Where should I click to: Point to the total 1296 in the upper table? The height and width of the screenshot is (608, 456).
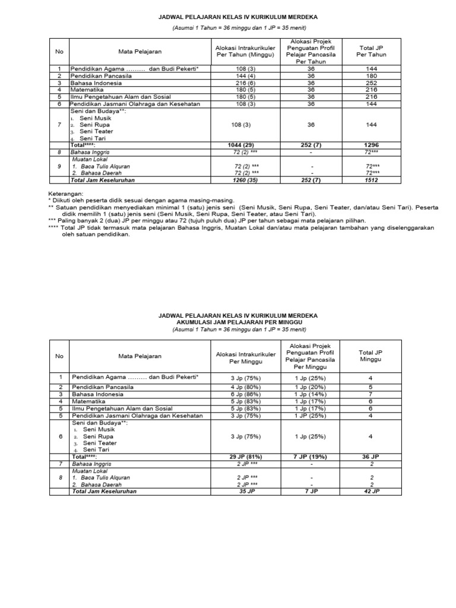(371, 144)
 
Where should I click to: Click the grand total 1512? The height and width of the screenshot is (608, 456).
(371, 179)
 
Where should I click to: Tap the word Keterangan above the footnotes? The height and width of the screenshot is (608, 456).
(65, 194)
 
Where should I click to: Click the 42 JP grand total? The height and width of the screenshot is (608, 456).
(371, 492)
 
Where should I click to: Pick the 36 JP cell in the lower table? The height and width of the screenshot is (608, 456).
(371, 456)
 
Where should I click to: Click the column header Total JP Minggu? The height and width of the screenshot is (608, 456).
(371, 356)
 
